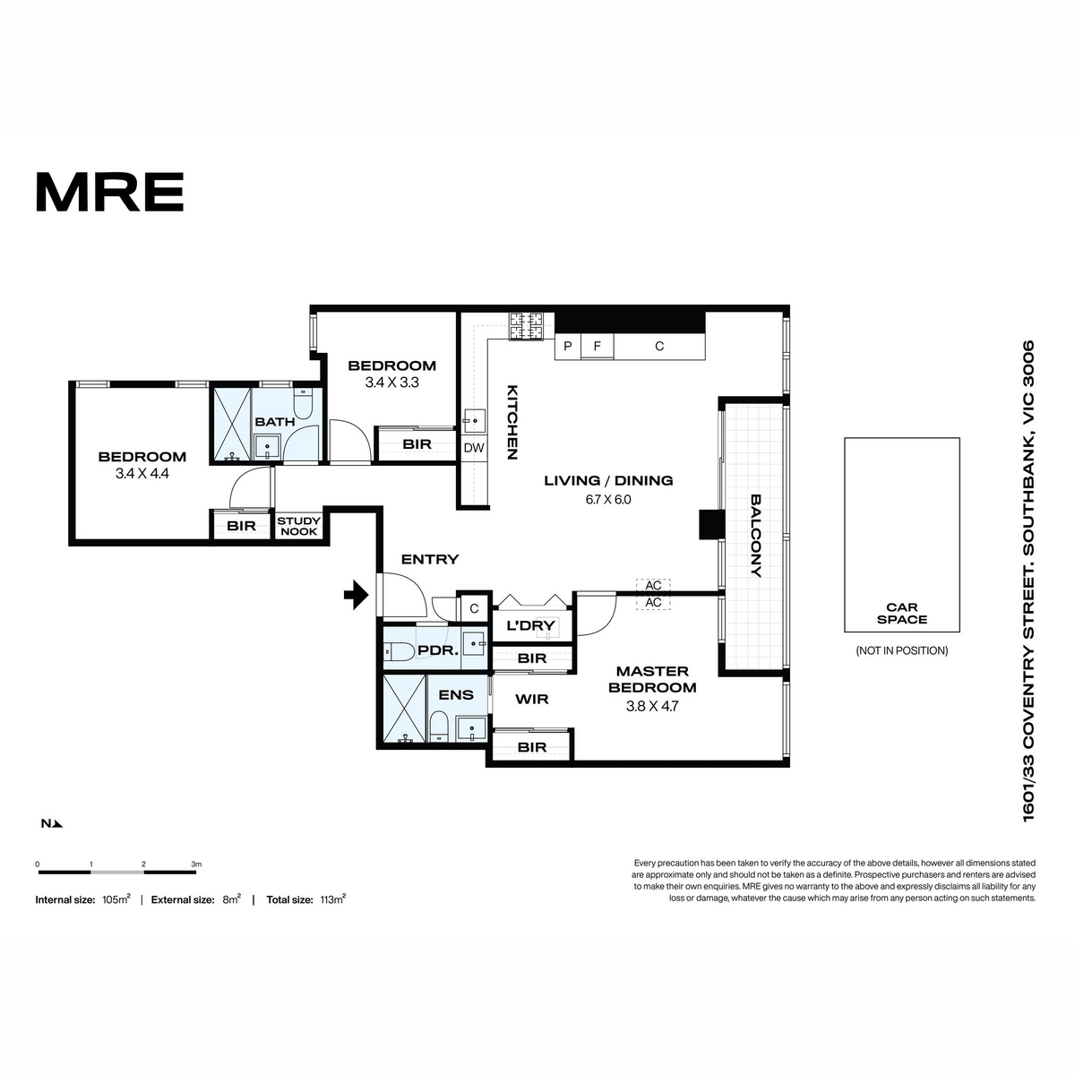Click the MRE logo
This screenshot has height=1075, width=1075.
pyautogui.click(x=110, y=192)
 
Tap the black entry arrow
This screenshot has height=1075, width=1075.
pyautogui.click(x=356, y=595)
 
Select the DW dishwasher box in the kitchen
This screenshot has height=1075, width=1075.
pyautogui.click(x=474, y=447)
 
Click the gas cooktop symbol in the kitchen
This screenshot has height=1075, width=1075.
pyautogui.click(x=526, y=326)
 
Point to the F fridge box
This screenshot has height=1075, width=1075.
pyautogui.click(x=597, y=347)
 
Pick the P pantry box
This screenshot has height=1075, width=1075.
pyautogui.click(x=568, y=347)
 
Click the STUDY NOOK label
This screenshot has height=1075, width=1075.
pyautogui.click(x=299, y=526)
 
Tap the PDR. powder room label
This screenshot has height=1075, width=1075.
pyautogui.click(x=438, y=649)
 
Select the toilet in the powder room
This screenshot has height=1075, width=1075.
pyautogui.click(x=397, y=650)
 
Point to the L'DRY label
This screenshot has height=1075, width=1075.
pyautogui.click(x=530, y=625)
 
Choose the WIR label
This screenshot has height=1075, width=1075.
pyautogui.click(x=531, y=699)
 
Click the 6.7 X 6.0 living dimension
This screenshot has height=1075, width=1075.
pyautogui.click(x=608, y=499)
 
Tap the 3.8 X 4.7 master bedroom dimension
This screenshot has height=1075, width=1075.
pyautogui.click(x=652, y=706)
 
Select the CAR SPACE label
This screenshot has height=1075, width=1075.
pyautogui.click(x=902, y=613)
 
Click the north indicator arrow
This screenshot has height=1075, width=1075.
pyautogui.click(x=58, y=823)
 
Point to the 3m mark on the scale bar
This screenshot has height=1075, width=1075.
pyautogui.click(x=196, y=864)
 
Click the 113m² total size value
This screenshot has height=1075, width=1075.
pyautogui.click(x=333, y=899)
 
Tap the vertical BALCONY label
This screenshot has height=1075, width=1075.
pyautogui.click(x=756, y=536)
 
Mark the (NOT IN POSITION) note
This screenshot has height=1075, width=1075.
pyautogui.click(x=902, y=650)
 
